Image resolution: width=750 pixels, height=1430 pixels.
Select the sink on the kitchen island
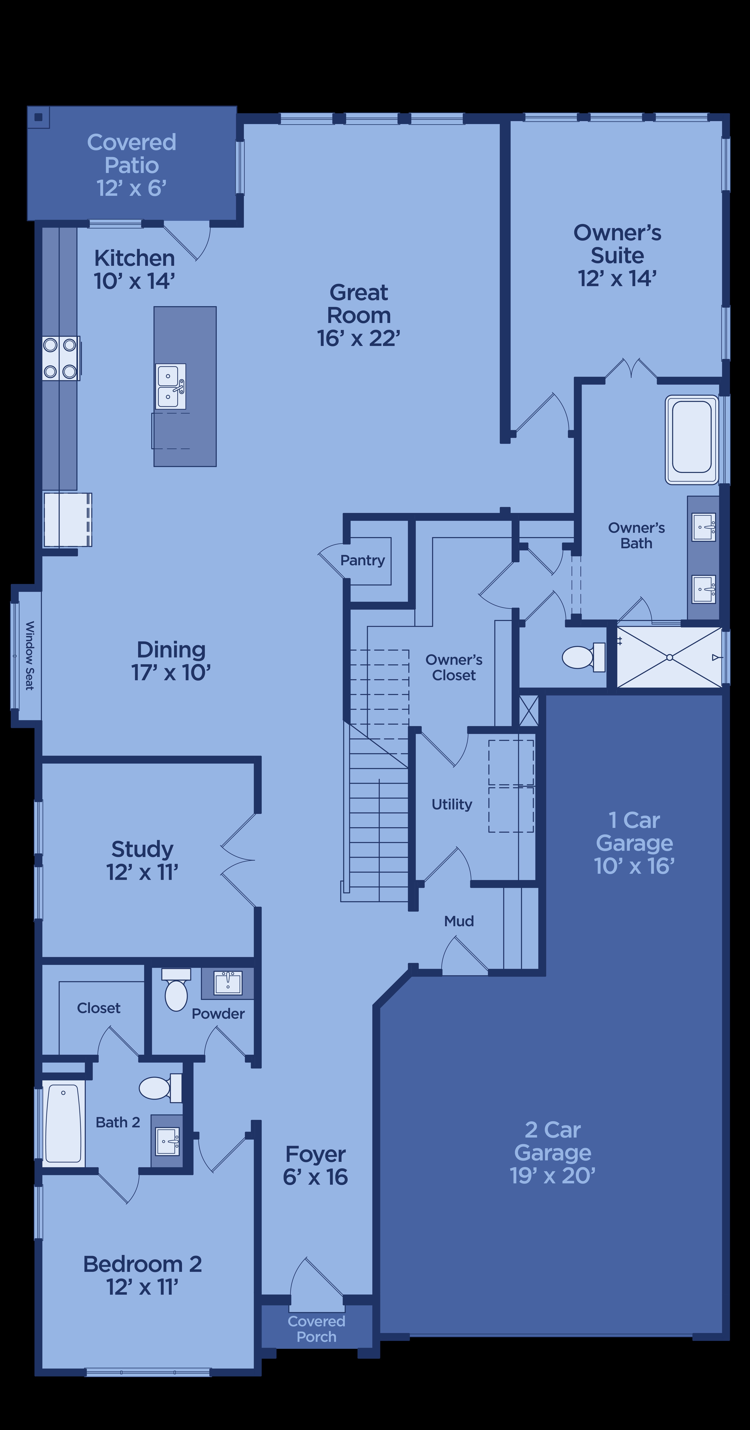(x=170, y=386)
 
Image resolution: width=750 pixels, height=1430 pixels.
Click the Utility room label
(x=452, y=804)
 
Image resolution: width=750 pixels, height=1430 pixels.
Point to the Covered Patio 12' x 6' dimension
(x=132, y=188)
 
